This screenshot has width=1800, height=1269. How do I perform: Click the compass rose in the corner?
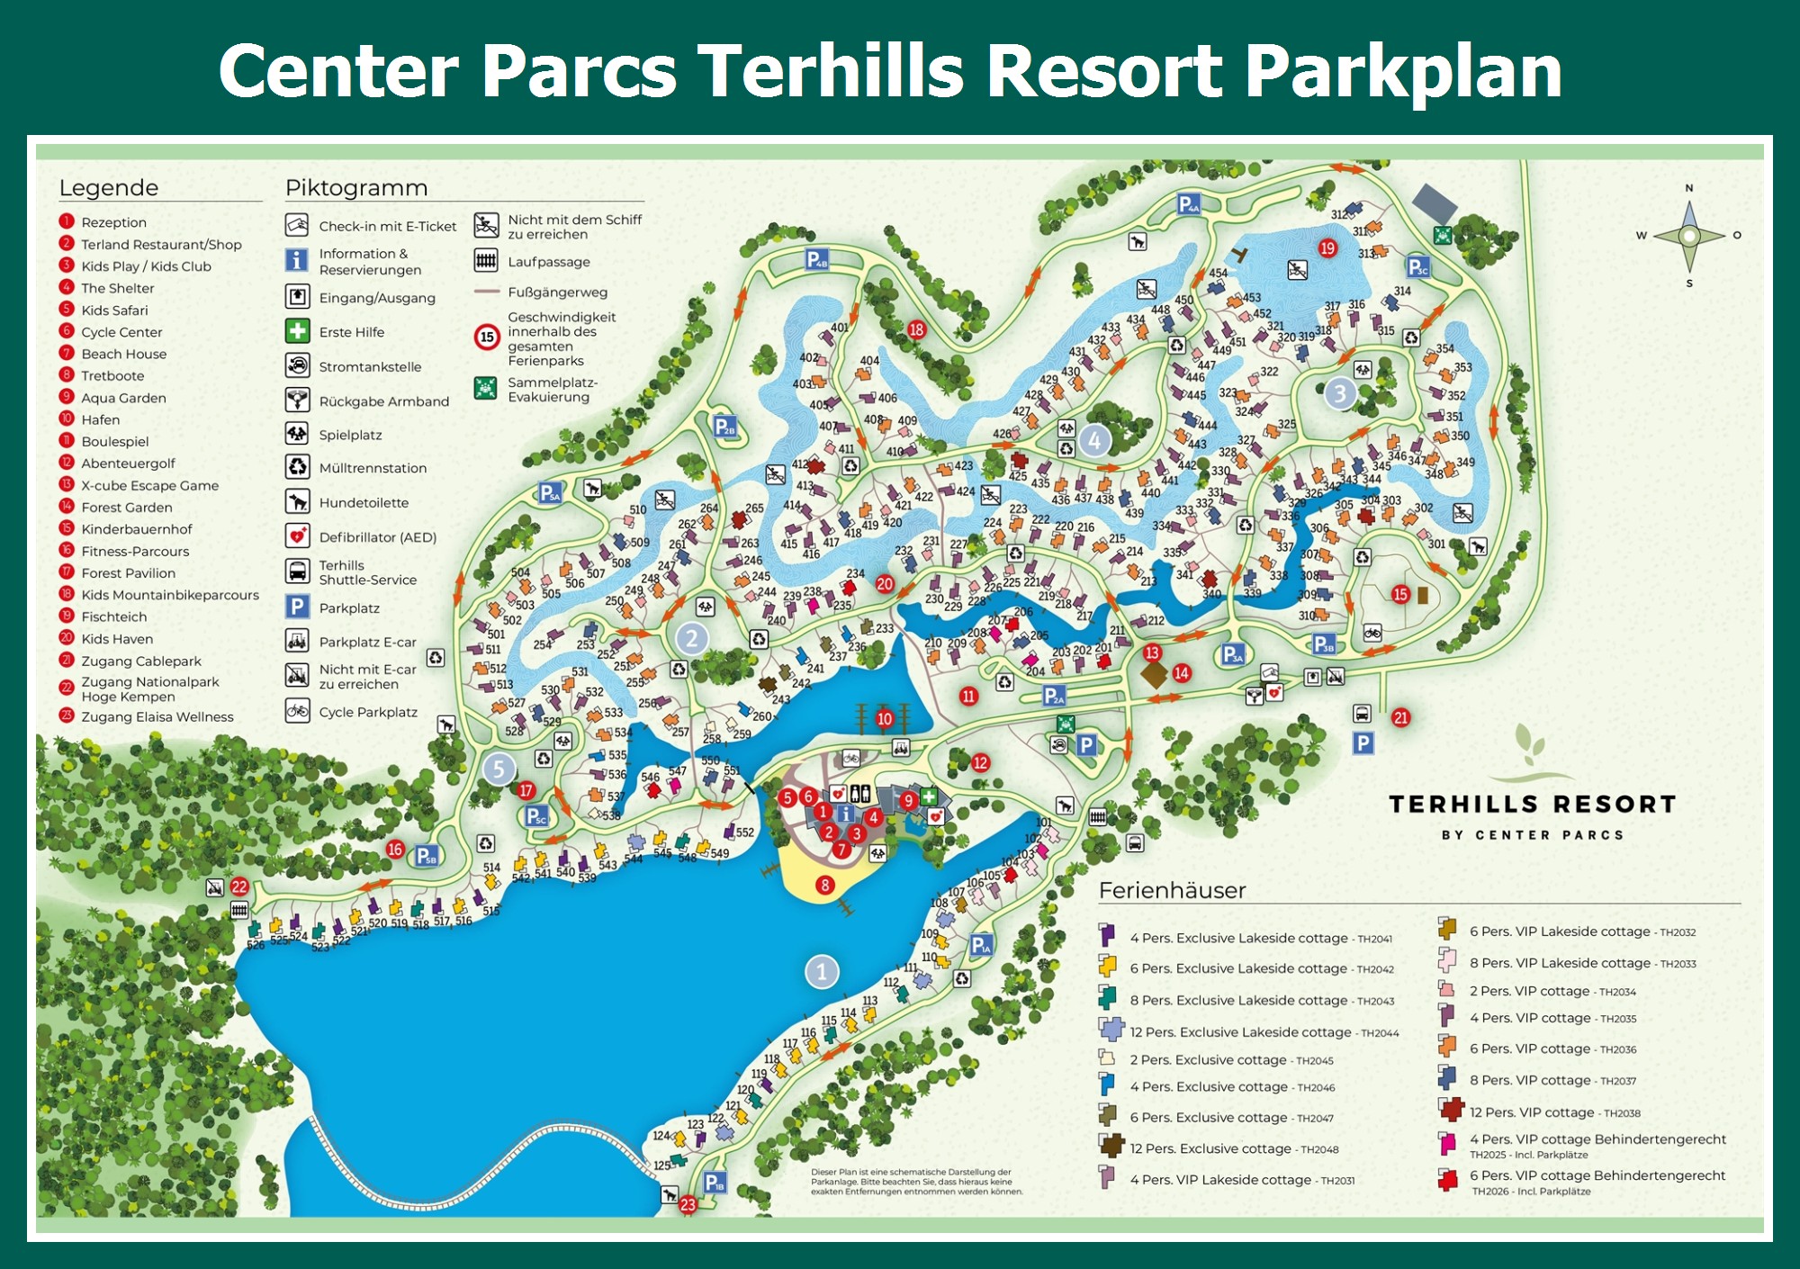(1689, 236)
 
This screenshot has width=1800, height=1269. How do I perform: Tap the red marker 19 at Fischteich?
(1327, 248)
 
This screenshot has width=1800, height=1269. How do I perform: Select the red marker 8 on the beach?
(824, 886)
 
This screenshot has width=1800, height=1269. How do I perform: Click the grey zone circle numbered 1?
(821, 972)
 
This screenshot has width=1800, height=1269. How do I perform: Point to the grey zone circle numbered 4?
(1094, 441)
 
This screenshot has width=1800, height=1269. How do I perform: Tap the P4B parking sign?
(817, 260)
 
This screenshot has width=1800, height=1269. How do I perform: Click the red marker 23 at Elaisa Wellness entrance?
(688, 1204)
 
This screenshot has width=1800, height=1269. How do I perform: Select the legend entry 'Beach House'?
(123, 354)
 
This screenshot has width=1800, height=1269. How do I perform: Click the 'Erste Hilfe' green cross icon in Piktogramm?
(298, 331)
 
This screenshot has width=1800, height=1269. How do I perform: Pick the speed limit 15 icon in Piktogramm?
(487, 337)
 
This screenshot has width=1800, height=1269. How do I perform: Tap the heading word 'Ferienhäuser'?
(1172, 890)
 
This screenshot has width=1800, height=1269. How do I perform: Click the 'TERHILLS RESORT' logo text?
(1532, 804)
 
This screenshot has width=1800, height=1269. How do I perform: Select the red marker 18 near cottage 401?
(916, 329)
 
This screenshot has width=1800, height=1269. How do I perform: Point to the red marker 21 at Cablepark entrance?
(1400, 717)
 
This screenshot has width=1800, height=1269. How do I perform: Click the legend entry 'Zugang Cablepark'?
(140, 661)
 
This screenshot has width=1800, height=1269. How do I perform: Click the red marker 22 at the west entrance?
(238, 886)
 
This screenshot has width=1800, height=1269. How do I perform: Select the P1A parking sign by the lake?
(981, 945)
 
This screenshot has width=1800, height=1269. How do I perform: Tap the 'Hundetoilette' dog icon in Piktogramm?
(298, 501)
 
